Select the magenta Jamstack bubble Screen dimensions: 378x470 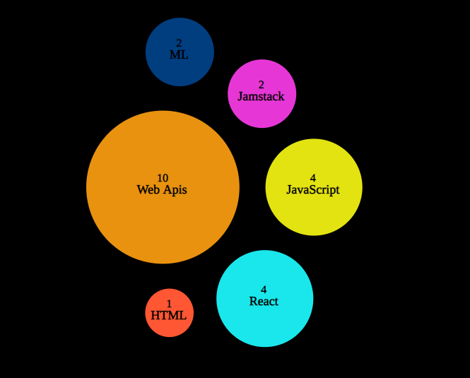click(x=262, y=110)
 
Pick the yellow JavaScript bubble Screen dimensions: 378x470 click(x=314, y=212)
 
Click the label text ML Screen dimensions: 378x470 click(x=179, y=54)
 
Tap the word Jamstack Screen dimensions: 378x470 click(x=262, y=96)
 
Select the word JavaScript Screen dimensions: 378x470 click(x=313, y=189)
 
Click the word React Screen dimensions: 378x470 click(x=264, y=301)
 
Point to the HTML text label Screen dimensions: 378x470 click(x=169, y=315)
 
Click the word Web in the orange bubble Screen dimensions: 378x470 click(x=148, y=189)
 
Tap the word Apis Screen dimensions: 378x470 click(x=175, y=189)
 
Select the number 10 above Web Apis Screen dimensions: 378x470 click(x=163, y=178)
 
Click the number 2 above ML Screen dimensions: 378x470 click(x=179, y=44)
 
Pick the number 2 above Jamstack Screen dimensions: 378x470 click(x=262, y=85)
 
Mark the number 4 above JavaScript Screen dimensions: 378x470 click(x=313, y=178)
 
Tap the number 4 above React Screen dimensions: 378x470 click(x=264, y=290)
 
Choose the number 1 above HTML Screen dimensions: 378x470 click(x=169, y=305)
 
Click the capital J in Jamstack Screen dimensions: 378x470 click(x=240, y=96)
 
